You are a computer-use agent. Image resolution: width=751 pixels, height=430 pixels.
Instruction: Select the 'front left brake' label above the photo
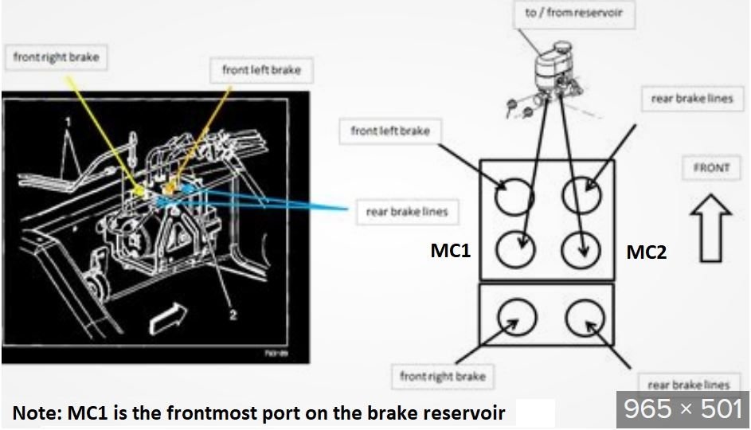pyautogui.click(x=261, y=70)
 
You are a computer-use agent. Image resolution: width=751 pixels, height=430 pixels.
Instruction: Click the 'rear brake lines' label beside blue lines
pyautogui.click(x=406, y=212)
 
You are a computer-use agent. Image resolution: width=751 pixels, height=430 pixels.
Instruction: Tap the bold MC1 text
pyautogui.click(x=451, y=252)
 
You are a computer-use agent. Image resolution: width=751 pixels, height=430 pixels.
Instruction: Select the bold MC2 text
pyautogui.click(x=646, y=252)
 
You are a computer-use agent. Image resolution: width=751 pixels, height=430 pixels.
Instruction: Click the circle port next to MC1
pyautogui.click(x=514, y=251)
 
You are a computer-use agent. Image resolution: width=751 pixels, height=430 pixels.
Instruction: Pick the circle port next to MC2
pyautogui.click(x=581, y=251)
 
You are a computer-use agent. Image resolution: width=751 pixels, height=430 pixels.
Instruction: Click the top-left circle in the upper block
pyautogui.click(x=513, y=195)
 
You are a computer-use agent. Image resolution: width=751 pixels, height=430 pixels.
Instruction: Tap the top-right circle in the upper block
pyautogui.click(x=581, y=193)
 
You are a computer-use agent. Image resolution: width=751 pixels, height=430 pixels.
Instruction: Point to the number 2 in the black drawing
pyautogui.click(x=233, y=315)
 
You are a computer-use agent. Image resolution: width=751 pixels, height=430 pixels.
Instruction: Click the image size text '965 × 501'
pyautogui.click(x=683, y=408)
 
